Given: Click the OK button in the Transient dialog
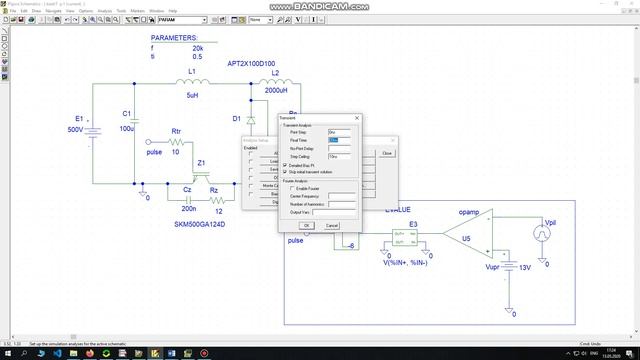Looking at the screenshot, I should coord(307,225).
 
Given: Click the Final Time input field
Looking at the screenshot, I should coord(341,140).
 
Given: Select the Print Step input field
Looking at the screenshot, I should coord(341,132).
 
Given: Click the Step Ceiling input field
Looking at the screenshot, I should coord(341,156).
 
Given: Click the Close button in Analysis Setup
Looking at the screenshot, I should coord(386,153).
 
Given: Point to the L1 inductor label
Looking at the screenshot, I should coord(192,73).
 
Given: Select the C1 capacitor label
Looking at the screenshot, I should coord(126,113).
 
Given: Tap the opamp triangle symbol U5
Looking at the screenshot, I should coord(468,239).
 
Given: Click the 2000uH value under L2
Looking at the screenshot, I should coord(276,88).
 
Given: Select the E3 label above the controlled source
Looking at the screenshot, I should coord(414,224).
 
